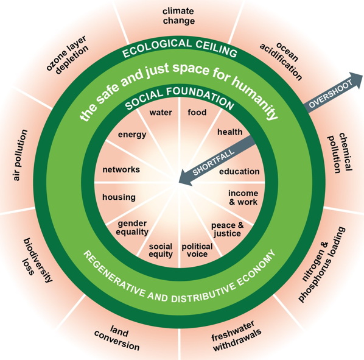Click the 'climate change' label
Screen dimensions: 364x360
[x=179, y=16]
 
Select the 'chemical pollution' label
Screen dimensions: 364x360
[x=340, y=153]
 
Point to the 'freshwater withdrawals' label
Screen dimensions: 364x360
[x=236, y=336]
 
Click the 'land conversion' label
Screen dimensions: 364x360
[x=117, y=338]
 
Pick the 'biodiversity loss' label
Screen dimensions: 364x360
[x=37, y=260]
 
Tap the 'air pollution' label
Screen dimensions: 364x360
[x=20, y=155]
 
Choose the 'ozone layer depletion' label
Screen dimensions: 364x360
[x=68, y=55]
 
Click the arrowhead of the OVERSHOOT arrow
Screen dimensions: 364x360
[x=356, y=79]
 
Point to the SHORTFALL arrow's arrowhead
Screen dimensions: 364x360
[x=185, y=178]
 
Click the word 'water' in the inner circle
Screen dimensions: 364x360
[x=161, y=113]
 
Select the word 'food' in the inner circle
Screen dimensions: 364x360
[x=197, y=113]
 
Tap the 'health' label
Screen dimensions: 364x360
[x=230, y=132]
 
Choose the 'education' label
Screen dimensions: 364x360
[x=239, y=171]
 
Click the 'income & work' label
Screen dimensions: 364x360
[x=243, y=197]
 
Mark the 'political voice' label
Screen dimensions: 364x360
[x=197, y=250]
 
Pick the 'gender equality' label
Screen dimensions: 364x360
[x=132, y=228]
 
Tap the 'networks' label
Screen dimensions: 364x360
[x=121, y=169]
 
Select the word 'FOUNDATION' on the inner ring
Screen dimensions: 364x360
[x=200, y=97]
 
